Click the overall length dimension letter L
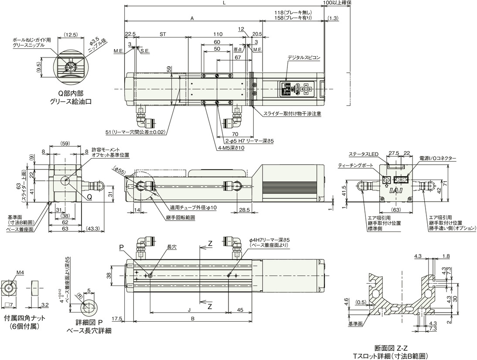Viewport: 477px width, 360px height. [x=224, y=3]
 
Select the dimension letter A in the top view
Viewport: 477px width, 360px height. [x=192, y=18]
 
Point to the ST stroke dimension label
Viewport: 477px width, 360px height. [x=163, y=34]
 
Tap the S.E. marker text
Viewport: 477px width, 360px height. [x=145, y=51]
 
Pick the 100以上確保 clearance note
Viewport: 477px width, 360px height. [x=337, y=3]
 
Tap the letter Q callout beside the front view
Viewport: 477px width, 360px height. [x=89, y=197]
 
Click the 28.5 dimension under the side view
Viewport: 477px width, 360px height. [x=244, y=210]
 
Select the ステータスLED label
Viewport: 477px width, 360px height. [x=364, y=154]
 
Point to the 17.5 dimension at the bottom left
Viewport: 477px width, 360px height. [x=116, y=318]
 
